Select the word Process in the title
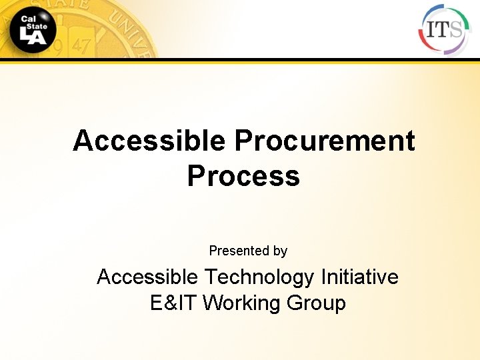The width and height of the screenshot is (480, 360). coord(243,176)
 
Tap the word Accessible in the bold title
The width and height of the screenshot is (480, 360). coord(149,141)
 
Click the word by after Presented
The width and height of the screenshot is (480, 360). coord(280,251)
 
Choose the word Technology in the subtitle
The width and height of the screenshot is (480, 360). coord(259,277)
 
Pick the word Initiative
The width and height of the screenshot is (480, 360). coord(360,277)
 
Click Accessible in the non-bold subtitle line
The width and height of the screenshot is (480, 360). coord(147,277)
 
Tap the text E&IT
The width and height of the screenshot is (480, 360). coord(174,303)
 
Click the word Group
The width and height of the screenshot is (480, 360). coord(316,303)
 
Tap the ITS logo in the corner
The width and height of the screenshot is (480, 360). coord(443,29)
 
